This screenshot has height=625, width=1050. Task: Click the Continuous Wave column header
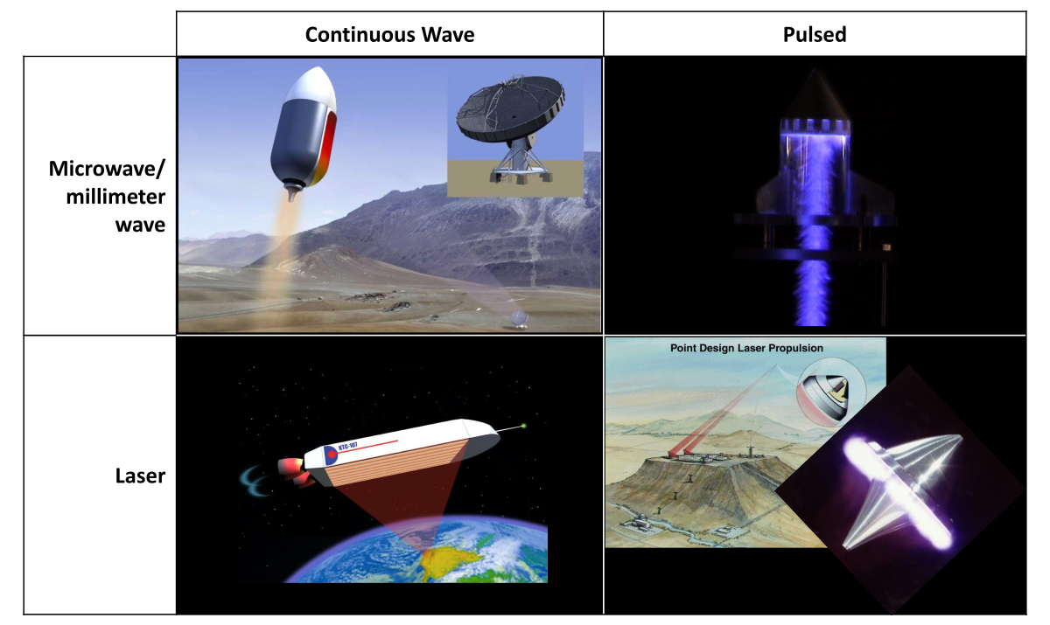coord(389,35)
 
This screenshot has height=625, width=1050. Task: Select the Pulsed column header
coord(814,35)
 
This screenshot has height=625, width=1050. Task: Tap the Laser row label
coord(140,476)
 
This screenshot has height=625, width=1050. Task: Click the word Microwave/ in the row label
coord(108,168)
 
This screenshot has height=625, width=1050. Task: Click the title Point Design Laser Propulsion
coord(746,348)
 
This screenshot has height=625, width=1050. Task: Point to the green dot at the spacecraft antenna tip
coord(524,426)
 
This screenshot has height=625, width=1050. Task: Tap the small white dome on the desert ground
coord(518,317)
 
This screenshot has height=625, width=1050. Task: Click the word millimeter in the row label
coord(115,197)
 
